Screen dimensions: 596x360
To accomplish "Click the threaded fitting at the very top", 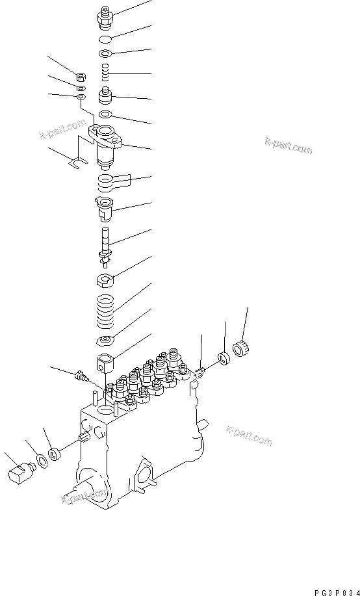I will tap(105, 16).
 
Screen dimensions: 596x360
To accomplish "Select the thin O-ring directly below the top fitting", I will tap(106, 39).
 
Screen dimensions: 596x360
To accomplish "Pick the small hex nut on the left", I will tap(81, 74).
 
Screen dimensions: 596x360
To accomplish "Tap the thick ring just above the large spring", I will tap(105, 281).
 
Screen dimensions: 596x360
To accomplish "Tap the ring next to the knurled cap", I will tap(224, 359).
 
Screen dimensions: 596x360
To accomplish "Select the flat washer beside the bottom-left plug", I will tap(40, 460).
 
